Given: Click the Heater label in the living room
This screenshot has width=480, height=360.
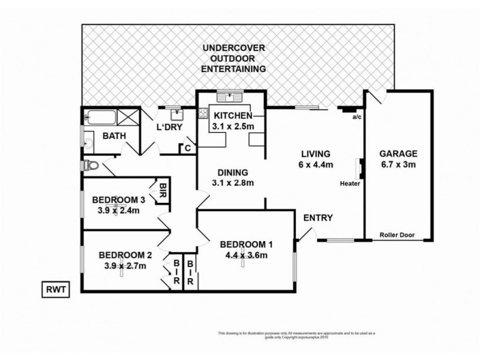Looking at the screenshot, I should pyautogui.click(x=350, y=183).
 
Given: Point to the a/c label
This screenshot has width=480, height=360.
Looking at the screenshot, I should pyautogui.click(x=356, y=117).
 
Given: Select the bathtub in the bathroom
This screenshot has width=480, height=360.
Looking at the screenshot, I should pyautogui.click(x=100, y=116).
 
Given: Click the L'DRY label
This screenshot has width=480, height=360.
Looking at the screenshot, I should pyautogui.click(x=169, y=127).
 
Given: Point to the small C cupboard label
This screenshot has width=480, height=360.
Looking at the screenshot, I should pyautogui.click(x=188, y=147).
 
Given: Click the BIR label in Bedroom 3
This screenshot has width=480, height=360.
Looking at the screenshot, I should pyautogui.click(x=163, y=190).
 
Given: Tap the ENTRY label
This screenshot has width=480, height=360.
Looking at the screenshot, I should pyautogui.click(x=317, y=218).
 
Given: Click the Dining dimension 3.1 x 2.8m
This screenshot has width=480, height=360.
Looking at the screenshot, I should pyautogui.click(x=233, y=183).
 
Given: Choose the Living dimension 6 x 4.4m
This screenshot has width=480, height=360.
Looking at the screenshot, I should pyautogui.click(x=316, y=165).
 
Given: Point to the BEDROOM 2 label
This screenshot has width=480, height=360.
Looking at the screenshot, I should pyautogui.click(x=124, y=254).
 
